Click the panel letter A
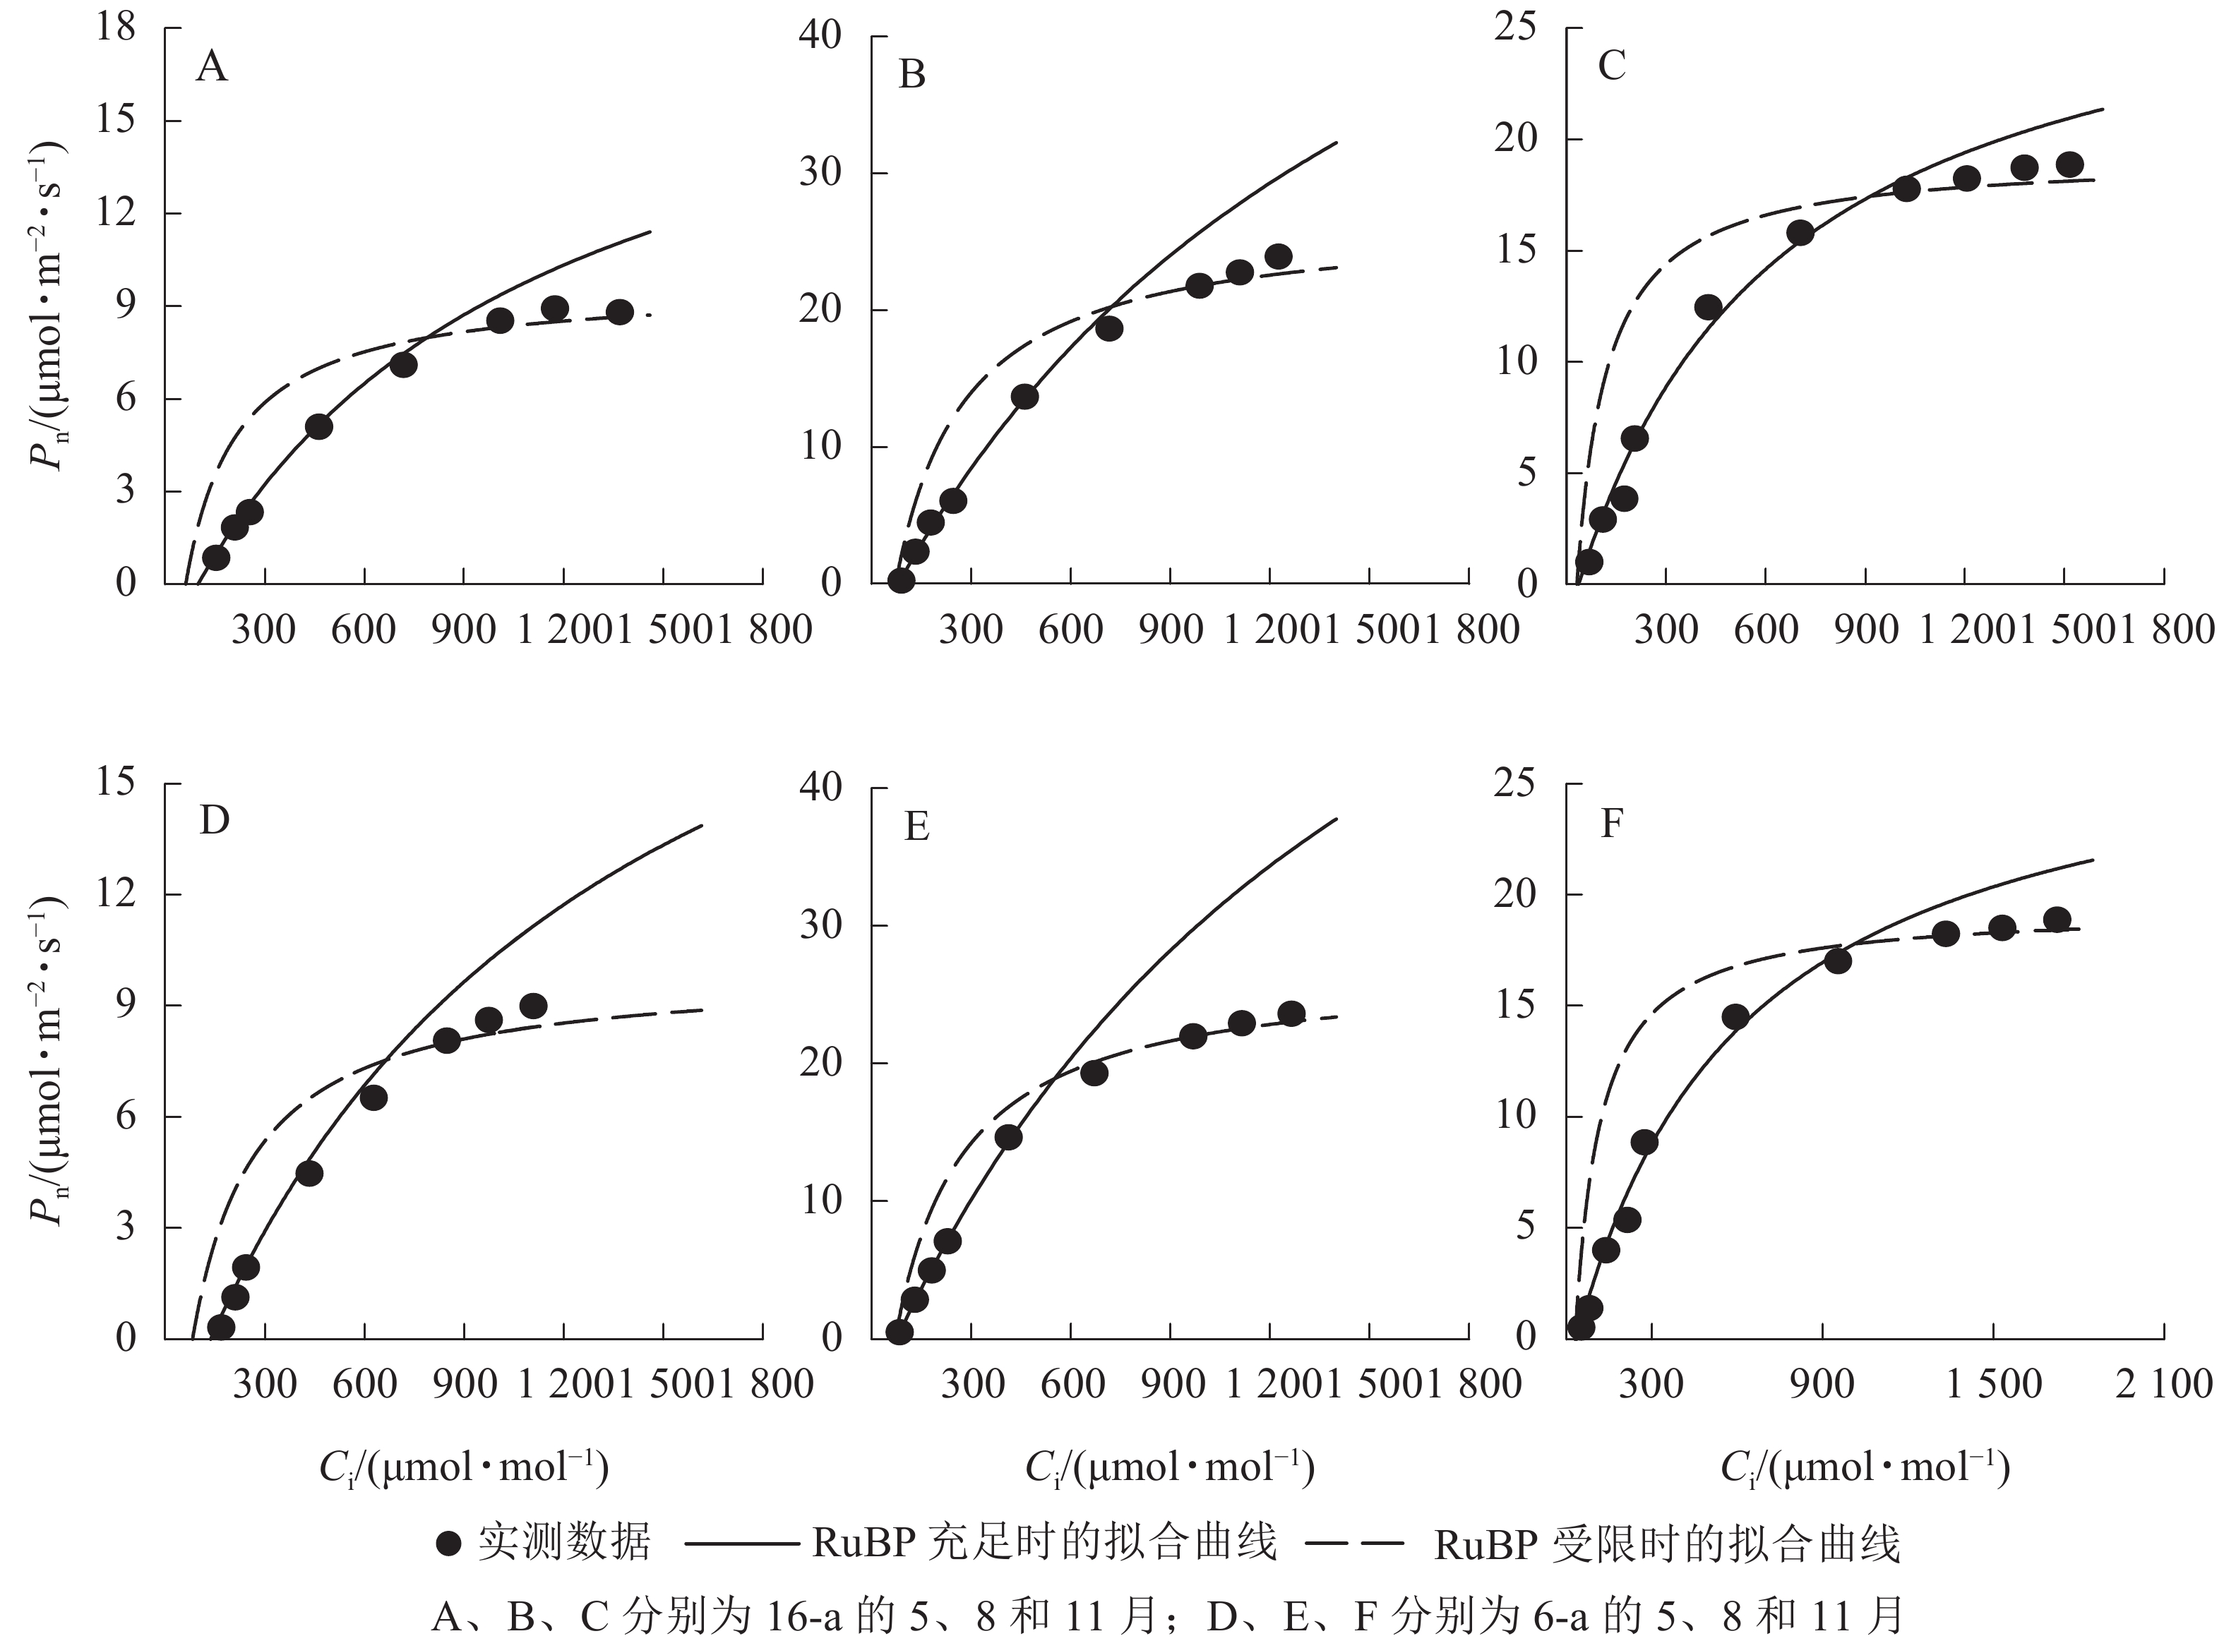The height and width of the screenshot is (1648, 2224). tap(212, 68)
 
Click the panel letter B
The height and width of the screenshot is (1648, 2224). tap(912, 75)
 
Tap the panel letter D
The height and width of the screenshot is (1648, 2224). tap(215, 820)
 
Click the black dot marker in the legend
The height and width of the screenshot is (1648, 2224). tap(449, 1544)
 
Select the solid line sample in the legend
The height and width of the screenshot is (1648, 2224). tap(741, 1544)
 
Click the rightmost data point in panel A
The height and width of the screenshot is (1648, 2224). tap(620, 312)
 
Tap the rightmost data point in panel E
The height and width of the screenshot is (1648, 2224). tap(1291, 1014)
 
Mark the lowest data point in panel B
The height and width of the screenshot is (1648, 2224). tap(901, 581)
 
